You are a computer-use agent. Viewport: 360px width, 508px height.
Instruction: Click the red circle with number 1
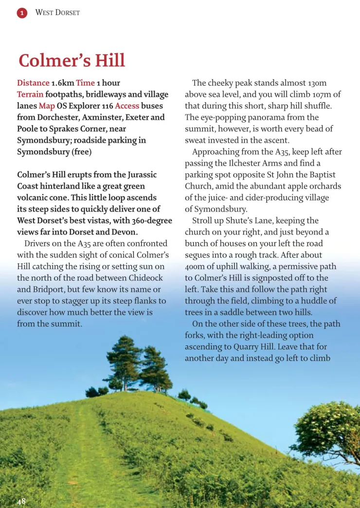pos(22,13)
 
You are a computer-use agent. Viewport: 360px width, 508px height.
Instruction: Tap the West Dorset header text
pos(57,13)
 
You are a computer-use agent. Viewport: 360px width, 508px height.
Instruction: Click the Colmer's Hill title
pos(72,61)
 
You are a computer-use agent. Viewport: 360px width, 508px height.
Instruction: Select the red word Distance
pos(33,83)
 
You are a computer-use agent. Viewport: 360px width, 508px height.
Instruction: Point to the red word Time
pos(85,83)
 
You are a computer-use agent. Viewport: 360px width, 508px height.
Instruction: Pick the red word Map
pos(47,106)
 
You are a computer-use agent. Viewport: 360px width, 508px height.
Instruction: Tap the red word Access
pos(127,106)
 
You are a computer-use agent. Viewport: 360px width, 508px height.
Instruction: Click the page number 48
pos(22,501)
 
